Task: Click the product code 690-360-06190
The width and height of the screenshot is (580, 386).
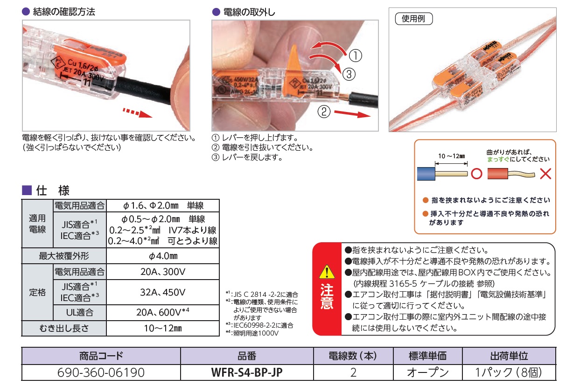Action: [101, 372]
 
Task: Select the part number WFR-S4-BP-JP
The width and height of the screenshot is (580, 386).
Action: [247, 372]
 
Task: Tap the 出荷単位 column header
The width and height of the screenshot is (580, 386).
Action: [509, 356]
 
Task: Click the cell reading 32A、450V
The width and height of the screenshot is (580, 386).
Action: [163, 292]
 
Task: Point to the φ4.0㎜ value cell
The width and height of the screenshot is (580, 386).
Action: [163, 256]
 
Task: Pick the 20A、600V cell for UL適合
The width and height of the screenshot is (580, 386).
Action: [163, 312]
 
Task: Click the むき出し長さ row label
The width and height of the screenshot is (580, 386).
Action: [64, 329]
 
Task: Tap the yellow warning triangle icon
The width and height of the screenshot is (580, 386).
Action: [327, 272]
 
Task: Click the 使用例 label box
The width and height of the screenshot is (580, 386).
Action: [413, 19]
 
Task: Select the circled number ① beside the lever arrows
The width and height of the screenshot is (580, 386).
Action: [355, 56]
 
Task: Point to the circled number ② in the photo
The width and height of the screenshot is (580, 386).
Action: [324, 112]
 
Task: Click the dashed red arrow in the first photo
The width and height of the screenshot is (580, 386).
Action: [137, 113]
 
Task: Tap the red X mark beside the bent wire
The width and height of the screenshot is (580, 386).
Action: [545, 174]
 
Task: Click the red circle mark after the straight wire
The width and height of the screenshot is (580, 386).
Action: [476, 174]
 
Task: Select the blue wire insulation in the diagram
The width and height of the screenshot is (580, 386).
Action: [426, 174]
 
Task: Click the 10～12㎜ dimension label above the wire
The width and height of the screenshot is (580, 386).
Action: [451, 156]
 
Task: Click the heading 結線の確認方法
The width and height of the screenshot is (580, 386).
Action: [64, 12]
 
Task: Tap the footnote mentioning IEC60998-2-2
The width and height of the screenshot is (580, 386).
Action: [259, 325]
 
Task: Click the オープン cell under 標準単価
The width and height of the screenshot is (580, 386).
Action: [428, 372]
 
